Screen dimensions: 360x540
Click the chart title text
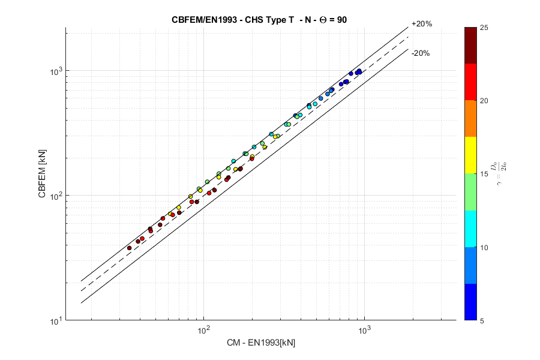[259, 19]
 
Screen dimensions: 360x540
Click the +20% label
[421, 24]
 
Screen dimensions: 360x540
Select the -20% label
[420, 53]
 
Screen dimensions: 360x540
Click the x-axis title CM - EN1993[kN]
[260, 343]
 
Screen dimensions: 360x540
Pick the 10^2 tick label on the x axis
[203, 330]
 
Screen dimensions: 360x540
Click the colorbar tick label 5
[484, 320]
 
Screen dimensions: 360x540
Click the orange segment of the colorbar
[471, 118]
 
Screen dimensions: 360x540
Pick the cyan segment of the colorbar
[471, 228]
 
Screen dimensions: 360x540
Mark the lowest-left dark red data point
[129, 248]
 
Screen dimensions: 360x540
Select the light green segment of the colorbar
[471, 192]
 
